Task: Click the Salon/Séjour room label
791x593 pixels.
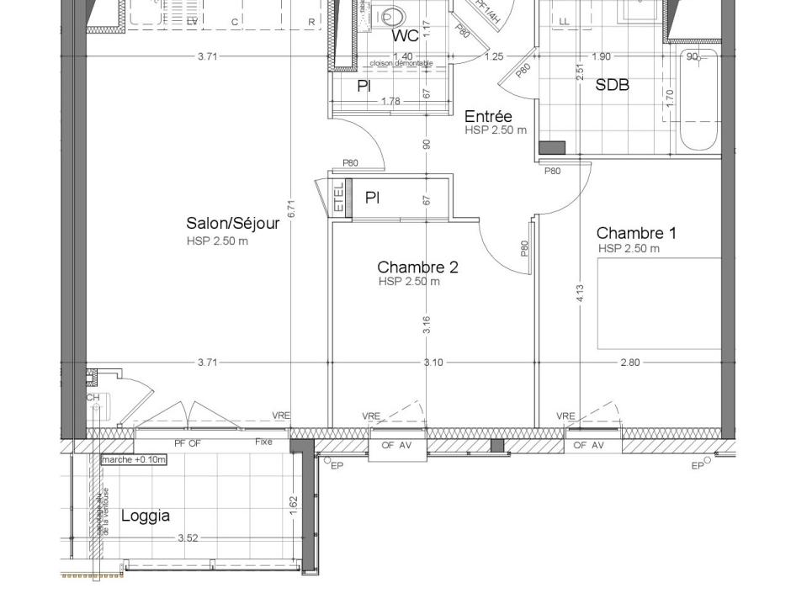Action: pyautogui.click(x=232, y=224)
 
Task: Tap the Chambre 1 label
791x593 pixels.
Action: pyautogui.click(x=635, y=233)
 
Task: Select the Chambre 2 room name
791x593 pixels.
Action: pyautogui.click(x=417, y=267)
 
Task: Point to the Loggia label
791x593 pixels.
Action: pyautogui.click(x=146, y=516)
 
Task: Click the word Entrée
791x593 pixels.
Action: pyautogui.click(x=488, y=116)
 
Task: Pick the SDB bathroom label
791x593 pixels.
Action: pyautogui.click(x=612, y=85)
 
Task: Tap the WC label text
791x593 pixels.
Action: pyautogui.click(x=405, y=37)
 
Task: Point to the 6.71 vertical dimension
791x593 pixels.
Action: pyautogui.click(x=290, y=209)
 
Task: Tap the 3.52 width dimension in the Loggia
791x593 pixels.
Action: pyautogui.click(x=188, y=538)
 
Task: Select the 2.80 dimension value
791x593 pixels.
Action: pyautogui.click(x=629, y=363)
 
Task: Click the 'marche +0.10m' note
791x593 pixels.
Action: pyautogui.click(x=134, y=460)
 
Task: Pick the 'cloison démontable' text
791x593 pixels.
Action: pyautogui.click(x=401, y=64)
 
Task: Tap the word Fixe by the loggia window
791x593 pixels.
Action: pyautogui.click(x=263, y=442)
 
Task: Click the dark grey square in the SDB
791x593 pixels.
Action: pyautogui.click(x=552, y=148)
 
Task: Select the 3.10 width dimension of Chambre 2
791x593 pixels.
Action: pyautogui.click(x=433, y=363)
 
